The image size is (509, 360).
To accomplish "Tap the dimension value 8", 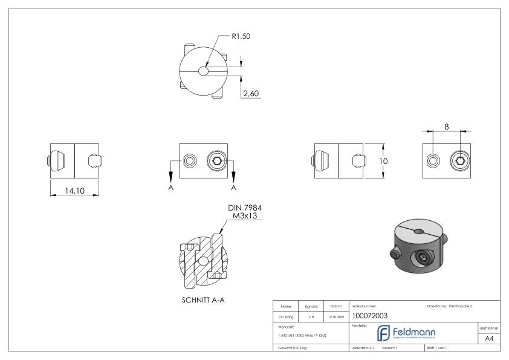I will click(446, 127).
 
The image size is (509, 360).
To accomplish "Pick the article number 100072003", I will click(370, 315).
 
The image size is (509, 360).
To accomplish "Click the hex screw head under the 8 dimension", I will click(460, 161).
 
